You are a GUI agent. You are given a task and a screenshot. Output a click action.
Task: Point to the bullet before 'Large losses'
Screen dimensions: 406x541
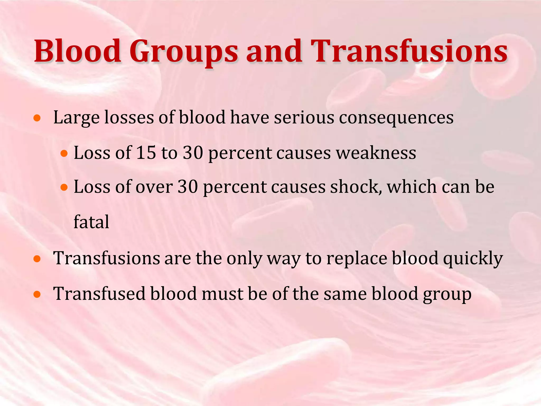click(37, 118)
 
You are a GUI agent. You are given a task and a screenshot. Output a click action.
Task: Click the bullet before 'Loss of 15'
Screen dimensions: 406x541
click(64, 153)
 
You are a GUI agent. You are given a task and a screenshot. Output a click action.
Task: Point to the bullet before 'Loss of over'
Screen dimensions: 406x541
click(64, 188)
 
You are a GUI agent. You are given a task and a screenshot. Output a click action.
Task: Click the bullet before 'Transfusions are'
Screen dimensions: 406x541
click(37, 259)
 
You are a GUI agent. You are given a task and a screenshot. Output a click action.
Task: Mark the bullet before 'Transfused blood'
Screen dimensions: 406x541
click(37, 294)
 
